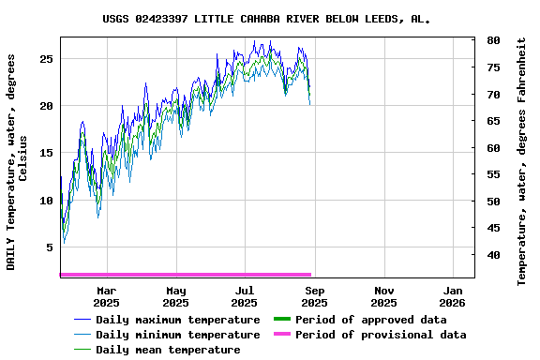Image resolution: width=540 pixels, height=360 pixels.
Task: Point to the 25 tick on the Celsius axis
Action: tap(45, 58)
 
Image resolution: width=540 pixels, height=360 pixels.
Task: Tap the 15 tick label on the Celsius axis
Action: tap(45, 153)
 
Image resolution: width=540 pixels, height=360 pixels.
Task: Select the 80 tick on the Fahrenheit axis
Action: tap(493, 41)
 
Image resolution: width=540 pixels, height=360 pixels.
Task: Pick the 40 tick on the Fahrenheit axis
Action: tap(493, 255)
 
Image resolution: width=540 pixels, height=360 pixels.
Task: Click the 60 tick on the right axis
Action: tap(493, 148)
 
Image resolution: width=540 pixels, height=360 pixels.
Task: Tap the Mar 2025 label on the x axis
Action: tap(107, 296)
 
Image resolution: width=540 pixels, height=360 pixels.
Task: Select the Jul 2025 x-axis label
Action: tap(245, 296)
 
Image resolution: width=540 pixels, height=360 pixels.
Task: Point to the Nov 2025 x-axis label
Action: tap(383, 296)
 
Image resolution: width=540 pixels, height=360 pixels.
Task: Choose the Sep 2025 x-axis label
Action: tap(314, 296)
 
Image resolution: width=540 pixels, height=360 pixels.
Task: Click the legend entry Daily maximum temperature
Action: tap(177, 320)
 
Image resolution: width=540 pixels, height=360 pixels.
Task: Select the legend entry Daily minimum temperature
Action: tap(177, 335)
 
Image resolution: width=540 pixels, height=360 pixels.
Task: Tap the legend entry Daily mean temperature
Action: tap(168, 350)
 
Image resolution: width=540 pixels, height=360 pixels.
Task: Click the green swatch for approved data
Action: tap(280, 320)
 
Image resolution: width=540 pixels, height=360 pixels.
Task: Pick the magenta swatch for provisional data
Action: tap(280, 335)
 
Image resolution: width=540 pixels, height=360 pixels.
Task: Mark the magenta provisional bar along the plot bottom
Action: tap(186, 275)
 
